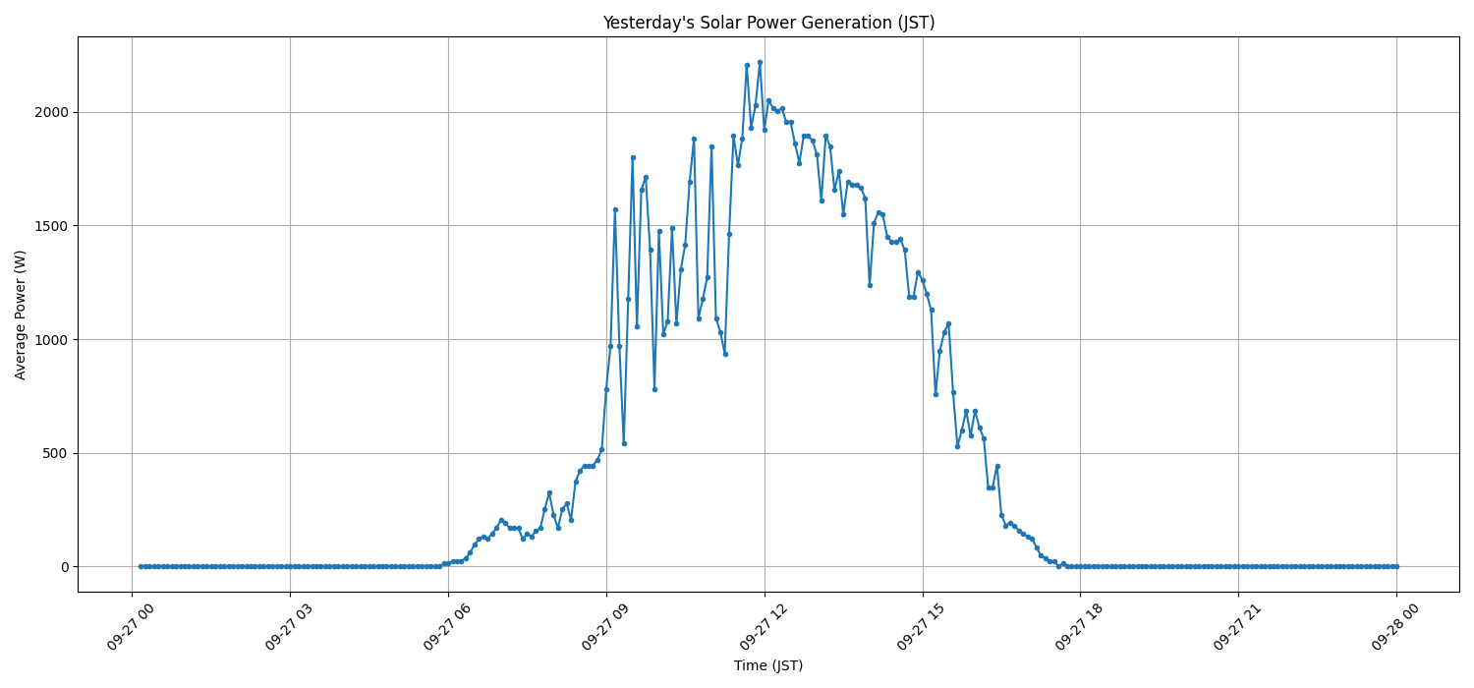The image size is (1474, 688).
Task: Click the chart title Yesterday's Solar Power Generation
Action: click(768, 23)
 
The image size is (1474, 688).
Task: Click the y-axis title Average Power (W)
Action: click(21, 315)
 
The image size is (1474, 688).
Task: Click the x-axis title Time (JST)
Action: click(768, 665)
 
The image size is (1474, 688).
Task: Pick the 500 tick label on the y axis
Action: click(58, 453)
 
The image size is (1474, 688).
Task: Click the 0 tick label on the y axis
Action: click(65, 567)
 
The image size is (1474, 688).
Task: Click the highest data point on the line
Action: click(760, 62)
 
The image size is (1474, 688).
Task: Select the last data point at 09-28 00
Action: click(1396, 566)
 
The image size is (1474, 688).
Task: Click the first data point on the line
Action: click(141, 566)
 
